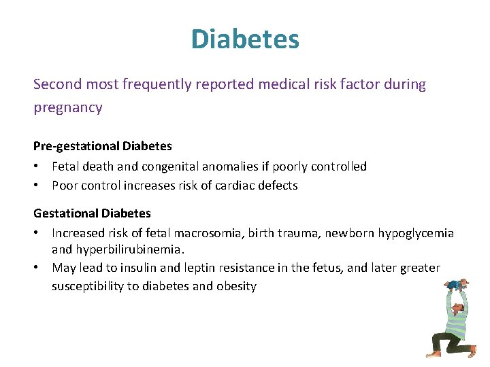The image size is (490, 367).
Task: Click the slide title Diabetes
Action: [x=245, y=39]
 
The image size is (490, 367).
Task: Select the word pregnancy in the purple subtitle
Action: [x=68, y=107]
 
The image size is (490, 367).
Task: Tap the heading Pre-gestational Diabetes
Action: [x=103, y=145]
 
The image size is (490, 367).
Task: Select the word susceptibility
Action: [x=87, y=286]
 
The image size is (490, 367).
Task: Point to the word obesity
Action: [x=236, y=286]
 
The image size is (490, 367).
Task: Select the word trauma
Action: [x=299, y=233]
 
